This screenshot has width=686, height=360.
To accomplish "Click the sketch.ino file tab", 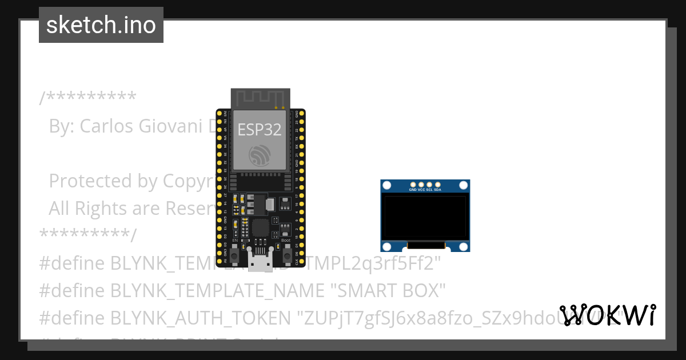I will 101,25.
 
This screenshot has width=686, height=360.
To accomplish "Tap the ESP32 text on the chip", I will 260,130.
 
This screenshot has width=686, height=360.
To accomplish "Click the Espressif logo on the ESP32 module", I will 261,155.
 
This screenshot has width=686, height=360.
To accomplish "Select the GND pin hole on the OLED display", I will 413,185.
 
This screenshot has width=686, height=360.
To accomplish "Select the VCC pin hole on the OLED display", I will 421,185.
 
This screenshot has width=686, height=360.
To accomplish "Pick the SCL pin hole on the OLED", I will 429,185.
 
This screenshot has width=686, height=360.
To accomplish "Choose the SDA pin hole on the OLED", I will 437,185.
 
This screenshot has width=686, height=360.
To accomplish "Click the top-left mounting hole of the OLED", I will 387,186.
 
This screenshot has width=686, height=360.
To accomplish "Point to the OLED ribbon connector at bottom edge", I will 425,245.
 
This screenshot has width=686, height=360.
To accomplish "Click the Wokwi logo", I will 608,315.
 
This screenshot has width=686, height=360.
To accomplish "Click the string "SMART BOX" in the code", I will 388,290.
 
